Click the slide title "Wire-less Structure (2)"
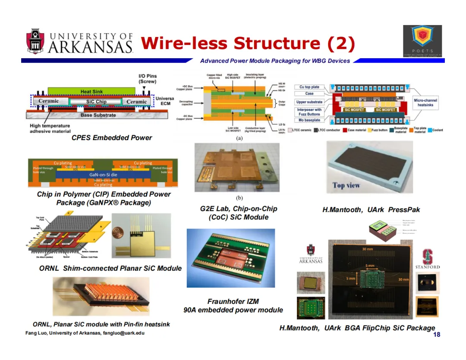click(248, 43)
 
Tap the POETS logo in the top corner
click(422, 41)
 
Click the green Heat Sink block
click(91, 91)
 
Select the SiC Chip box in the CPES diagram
click(96, 102)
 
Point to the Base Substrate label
click(98, 115)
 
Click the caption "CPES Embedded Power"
click(112, 138)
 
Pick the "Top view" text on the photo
click(346, 185)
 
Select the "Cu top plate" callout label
click(309, 87)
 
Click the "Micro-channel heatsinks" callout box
click(425, 103)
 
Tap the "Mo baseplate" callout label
click(309, 120)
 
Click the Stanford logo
click(428, 259)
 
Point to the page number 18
click(437, 335)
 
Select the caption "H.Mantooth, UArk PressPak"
click(371, 210)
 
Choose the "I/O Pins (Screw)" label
click(147, 78)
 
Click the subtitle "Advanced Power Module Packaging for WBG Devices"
click(275, 61)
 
